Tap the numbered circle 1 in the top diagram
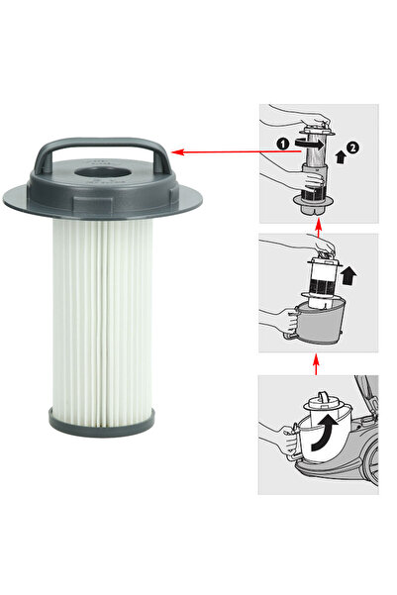(x=280, y=143)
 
